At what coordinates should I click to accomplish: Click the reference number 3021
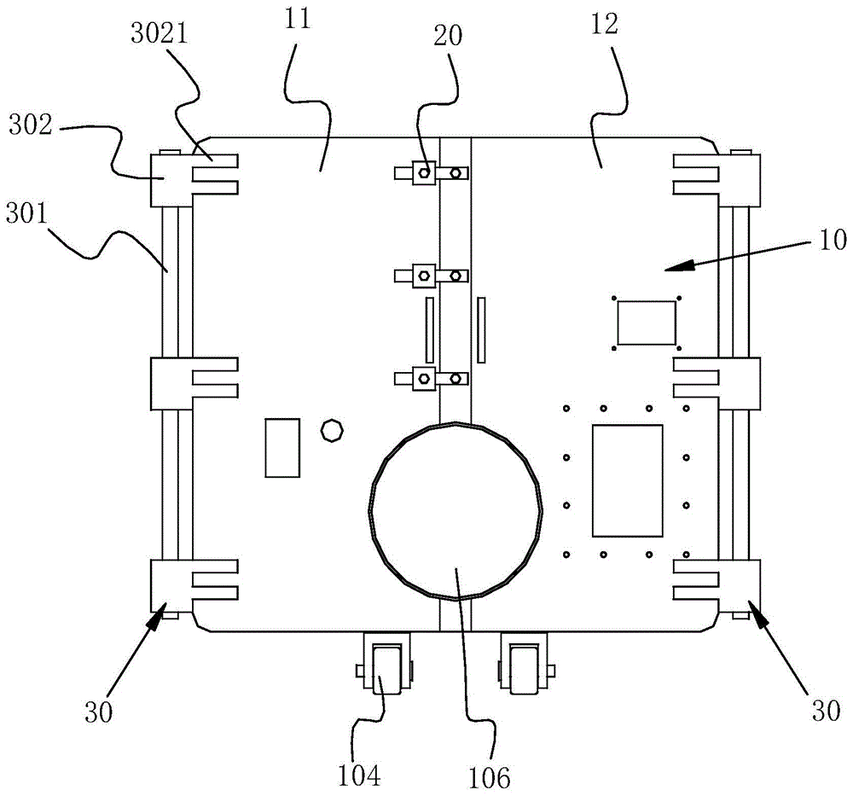click(x=160, y=33)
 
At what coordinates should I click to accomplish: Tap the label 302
click(x=31, y=125)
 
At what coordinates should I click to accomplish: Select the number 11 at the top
click(x=297, y=18)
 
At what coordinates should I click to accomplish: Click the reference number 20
click(x=448, y=35)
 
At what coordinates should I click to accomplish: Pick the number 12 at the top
click(x=605, y=24)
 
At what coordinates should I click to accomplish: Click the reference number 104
click(x=358, y=775)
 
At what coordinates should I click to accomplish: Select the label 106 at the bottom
click(x=489, y=777)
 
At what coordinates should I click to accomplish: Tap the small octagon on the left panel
click(x=332, y=430)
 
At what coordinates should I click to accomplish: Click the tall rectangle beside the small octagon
click(x=282, y=448)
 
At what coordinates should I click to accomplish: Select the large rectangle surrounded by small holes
click(x=628, y=480)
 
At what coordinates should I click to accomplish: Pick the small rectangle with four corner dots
click(x=647, y=322)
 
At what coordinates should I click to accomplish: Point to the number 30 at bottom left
click(x=98, y=712)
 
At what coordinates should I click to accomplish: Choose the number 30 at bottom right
click(x=826, y=711)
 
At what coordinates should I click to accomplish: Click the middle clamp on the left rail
click(x=194, y=384)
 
